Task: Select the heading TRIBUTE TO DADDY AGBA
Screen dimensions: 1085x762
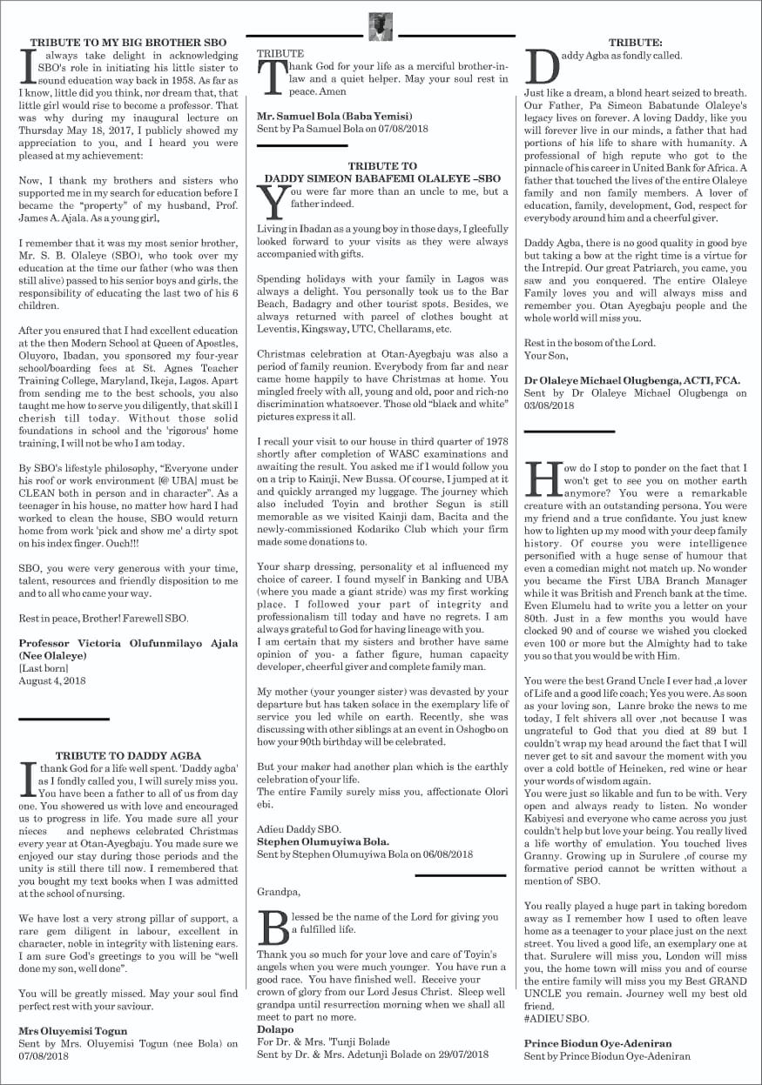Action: pyautogui.click(x=128, y=755)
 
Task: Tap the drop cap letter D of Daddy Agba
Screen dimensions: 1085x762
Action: pyautogui.click(x=543, y=65)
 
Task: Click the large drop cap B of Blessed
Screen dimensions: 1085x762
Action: pyautogui.click(x=274, y=928)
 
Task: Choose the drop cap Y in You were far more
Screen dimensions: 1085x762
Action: pyautogui.click(x=273, y=203)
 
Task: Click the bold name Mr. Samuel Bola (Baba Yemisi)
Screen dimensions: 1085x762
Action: pyautogui.click(x=334, y=117)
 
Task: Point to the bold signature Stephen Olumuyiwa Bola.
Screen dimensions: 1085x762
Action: pyautogui.click(x=323, y=841)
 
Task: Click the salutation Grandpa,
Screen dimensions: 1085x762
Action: pyautogui.click(x=279, y=891)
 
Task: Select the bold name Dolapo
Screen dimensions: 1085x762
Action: pyautogui.click(x=276, y=1028)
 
